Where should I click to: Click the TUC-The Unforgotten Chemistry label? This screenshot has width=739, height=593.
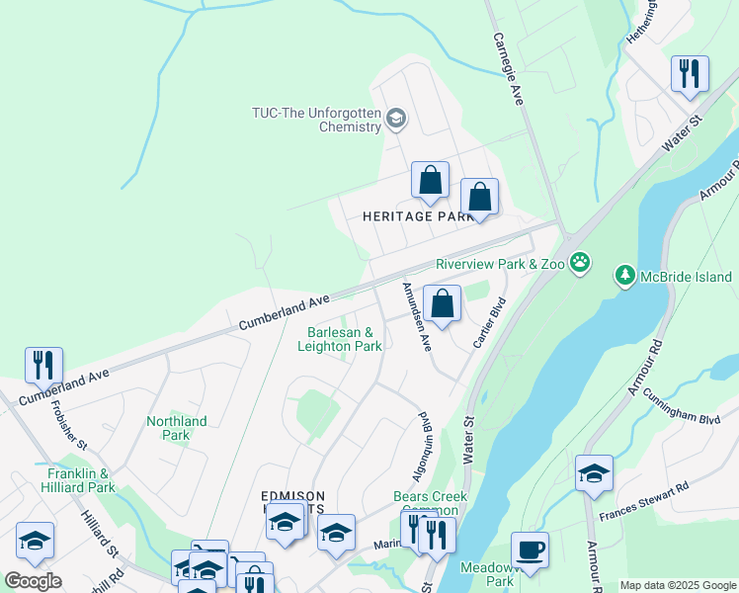(x=316, y=120)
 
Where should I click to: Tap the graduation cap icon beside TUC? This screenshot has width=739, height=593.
(x=396, y=120)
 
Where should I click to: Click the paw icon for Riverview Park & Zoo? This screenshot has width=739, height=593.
(x=580, y=264)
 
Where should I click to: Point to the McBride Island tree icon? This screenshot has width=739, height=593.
(x=624, y=275)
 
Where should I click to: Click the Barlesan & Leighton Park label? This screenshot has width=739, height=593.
(x=340, y=340)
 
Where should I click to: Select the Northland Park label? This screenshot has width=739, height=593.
(x=176, y=428)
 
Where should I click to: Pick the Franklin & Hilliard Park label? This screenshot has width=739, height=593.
(x=80, y=480)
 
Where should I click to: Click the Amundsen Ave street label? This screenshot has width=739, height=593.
(x=416, y=316)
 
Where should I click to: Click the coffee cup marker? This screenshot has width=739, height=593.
(x=530, y=550)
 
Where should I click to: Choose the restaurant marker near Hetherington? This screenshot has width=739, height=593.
(x=689, y=73)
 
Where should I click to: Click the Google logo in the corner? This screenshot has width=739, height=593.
(x=33, y=581)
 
